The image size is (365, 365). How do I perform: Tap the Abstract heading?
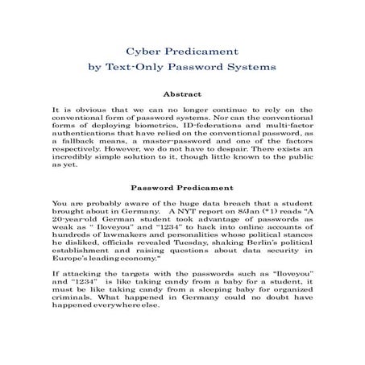(x=182, y=93)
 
